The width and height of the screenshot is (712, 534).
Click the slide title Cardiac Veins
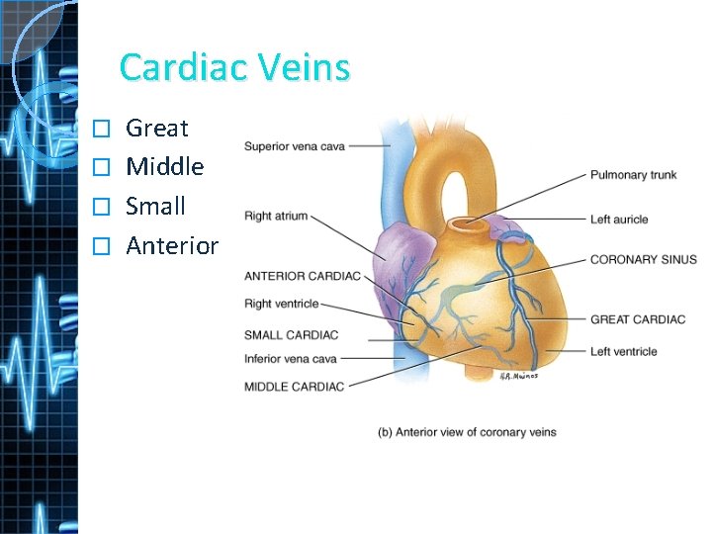pos(234,67)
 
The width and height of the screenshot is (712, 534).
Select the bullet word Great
pos(157,128)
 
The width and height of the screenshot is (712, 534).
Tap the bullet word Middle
pos(165,167)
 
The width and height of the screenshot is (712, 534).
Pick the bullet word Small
pos(156,207)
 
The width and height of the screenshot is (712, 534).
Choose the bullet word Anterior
pos(172,246)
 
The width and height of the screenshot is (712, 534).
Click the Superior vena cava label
pos(296,145)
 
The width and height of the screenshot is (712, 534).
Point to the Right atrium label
pos(276,216)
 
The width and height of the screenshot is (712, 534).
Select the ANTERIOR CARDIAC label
pos(302,275)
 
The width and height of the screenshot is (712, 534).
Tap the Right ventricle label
pos(282,304)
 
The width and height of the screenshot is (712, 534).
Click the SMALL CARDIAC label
pos(291,334)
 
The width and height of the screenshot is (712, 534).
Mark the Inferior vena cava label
pos(291,358)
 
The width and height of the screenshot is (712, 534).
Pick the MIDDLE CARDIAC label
pos(294,386)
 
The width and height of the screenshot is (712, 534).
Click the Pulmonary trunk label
pos(633,175)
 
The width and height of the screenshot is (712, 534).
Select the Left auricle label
pos(619,219)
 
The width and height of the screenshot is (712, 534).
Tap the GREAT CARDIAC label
pos(637,319)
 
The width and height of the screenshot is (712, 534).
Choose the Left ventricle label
pos(623,351)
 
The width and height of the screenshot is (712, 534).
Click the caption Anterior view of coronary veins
pos(467,432)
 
